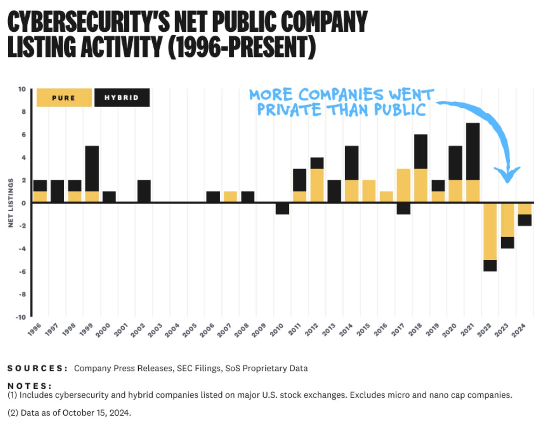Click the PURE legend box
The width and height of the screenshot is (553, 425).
[x=64, y=98]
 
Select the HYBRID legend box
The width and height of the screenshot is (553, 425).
[x=122, y=98]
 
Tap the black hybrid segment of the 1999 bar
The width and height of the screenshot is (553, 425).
[x=92, y=168]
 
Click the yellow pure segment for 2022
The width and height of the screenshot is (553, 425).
[x=490, y=231]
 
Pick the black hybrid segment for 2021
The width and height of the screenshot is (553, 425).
[x=472, y=152]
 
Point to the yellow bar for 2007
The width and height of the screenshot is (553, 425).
[x=230, y=197]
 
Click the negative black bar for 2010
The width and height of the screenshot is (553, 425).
[x=282, y=208]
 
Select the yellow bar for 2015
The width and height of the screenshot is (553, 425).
[x=369, y=191]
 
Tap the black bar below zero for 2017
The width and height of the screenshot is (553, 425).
[x=403, y=208]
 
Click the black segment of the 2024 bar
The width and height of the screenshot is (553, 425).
[x=524, y=220]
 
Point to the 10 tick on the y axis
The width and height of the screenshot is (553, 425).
[x=22, y=89]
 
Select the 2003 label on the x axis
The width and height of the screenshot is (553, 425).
[x=155, y=330]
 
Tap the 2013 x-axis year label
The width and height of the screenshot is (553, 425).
[x=328, y=330]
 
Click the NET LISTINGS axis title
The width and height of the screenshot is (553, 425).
[x=11, y=203]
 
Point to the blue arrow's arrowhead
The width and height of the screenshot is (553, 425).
[x=508, y=175]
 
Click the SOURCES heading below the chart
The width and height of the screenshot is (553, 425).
[x=37, y=368]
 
